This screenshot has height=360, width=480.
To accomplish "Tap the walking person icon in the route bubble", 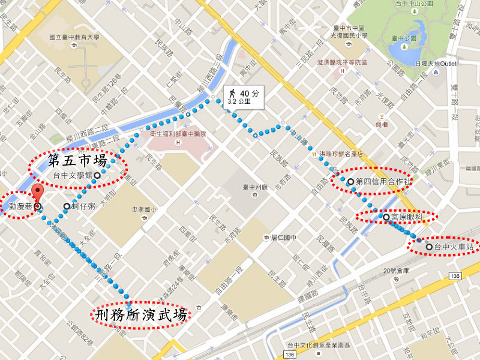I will (x=231, y=93).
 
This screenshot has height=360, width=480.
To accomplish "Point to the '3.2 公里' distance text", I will (x=239, y=102).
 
